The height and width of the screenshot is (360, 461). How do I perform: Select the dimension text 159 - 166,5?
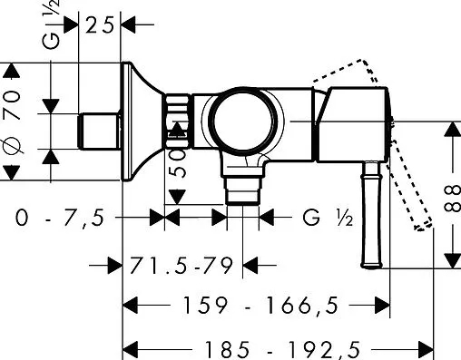tap(255, 306)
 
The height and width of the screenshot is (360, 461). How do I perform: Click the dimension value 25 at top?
tap(101, 24)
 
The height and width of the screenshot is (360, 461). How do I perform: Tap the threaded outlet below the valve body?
tap(242, 190)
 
